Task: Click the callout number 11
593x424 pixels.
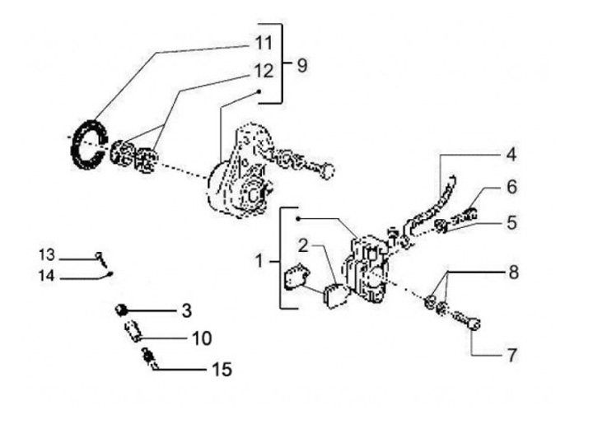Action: point(263,42)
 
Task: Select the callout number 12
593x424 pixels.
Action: point(263,72)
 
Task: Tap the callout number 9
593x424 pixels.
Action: point(301,64)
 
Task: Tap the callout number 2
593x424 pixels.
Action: point(303,245)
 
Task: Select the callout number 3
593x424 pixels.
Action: point(186,310)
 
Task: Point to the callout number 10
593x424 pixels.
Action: point(202,338)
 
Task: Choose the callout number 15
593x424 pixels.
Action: point(222,370)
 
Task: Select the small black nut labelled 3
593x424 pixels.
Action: point(120,310)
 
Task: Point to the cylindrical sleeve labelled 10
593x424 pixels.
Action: point(133,333)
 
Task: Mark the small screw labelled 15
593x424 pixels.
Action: point(150,358)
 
